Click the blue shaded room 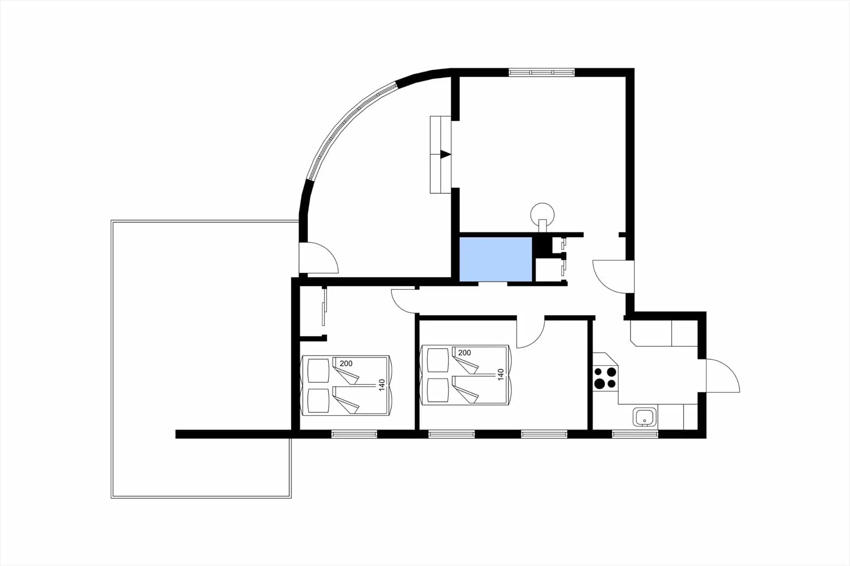coord(496,259)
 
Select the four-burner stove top coord(605,378)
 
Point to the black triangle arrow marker coord(445,154)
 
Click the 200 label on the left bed coord(346,363)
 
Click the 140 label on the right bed coord(501,374)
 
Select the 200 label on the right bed coord(464,353)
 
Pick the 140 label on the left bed coord(382,385)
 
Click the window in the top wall coord(541,72)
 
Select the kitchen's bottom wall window coord(635,434)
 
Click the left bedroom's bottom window coord(354,434)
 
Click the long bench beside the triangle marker coord(440,154)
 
